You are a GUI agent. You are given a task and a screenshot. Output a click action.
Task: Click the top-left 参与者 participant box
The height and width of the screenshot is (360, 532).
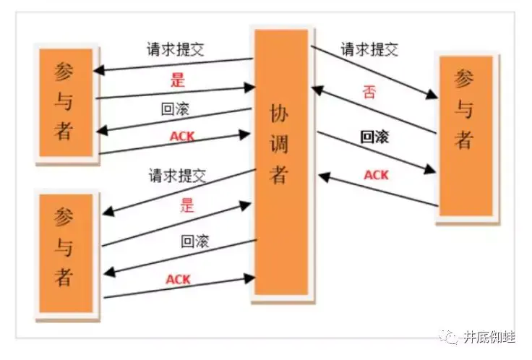pyautogui.click(x=64, y=101)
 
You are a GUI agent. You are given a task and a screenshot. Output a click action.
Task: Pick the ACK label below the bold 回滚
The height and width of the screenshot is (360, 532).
pyautogui.click(x=376, y=175)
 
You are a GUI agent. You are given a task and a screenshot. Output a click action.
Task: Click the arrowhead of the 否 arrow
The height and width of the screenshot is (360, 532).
pyautogui.click(x=314, y=89)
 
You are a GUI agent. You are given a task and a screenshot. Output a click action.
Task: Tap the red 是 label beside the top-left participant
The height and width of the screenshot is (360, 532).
pyautogui.click(x=178, y=80)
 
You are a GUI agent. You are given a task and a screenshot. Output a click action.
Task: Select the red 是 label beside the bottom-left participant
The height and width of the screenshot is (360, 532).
pyautogui.click(x=187, y=204)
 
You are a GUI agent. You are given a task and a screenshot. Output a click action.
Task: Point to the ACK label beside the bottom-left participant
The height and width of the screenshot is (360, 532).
pyautogui.click(x=178, y=279)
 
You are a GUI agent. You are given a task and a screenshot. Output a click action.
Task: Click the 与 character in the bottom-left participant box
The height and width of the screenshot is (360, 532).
pyautogui.click(x=64, y=248)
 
